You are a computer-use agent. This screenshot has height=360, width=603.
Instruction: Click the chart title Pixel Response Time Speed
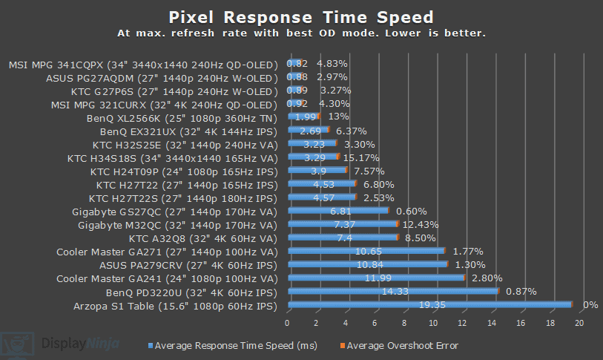[x=301, y=16]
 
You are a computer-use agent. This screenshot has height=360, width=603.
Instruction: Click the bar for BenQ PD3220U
[x=392, y=291]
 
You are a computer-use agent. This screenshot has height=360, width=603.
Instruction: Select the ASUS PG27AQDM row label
[x=161, y=77]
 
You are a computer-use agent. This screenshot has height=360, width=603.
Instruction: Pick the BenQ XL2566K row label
[x=182, y=117]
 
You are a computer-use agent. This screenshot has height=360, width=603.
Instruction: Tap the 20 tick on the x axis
[x=579, y=323]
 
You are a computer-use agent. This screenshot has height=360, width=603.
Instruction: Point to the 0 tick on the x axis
[x=287, y=323]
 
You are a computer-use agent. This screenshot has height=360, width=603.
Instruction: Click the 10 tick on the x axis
[x=433, y=323]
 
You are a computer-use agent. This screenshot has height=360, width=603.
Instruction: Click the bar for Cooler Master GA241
[x=375, y=278]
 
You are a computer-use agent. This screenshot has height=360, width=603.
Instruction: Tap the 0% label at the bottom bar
[x=591, y=305]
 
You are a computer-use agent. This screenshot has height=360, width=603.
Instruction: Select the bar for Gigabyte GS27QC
[x=337, y=211]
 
